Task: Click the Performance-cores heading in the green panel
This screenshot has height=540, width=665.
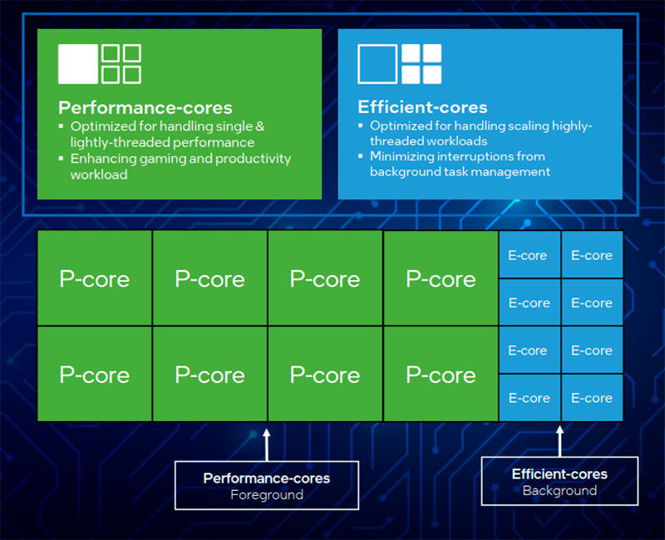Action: pos(145,108)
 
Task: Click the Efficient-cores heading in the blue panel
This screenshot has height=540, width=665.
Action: pos(422,107)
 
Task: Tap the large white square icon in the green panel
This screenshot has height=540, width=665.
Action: pos(78,64)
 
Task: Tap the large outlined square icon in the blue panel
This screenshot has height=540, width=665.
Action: pos(377,64)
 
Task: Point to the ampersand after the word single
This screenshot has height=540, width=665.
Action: pos(260,126)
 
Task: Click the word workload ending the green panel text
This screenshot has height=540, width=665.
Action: pos(99,174)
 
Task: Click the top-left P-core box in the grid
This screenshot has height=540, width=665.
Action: pos(95,278)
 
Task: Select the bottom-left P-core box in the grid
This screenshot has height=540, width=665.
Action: pos(95,374)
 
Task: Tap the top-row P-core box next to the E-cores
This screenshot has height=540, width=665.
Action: pos(441,278)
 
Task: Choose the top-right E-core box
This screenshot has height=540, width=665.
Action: pos(592,254)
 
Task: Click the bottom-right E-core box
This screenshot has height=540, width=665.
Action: pos(592,398)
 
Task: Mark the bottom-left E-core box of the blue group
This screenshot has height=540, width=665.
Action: pos(530,398)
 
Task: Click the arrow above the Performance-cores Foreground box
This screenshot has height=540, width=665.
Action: pos(266,445)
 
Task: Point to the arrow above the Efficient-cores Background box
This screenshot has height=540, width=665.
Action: pos(559,441)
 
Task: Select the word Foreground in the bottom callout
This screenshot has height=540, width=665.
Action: pos(267,495)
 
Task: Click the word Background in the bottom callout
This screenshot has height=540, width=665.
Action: pos(559,490)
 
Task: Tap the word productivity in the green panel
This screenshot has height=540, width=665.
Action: pos(253,159)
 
